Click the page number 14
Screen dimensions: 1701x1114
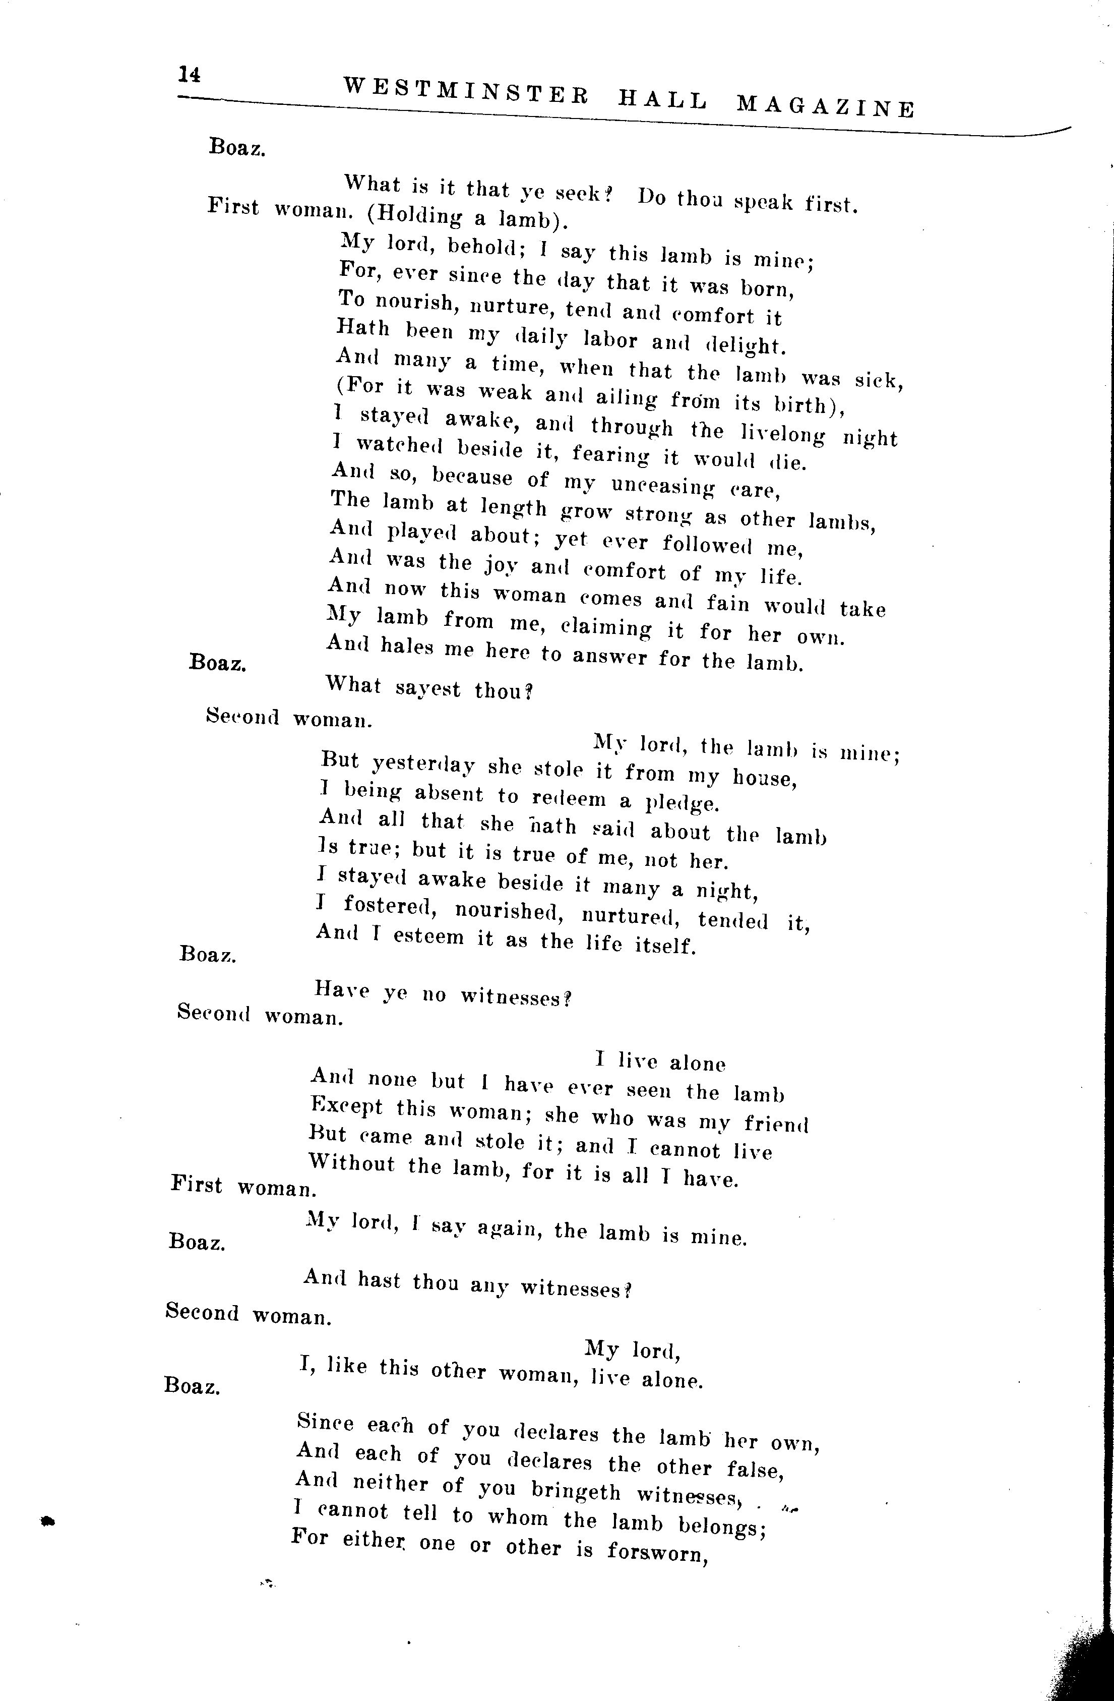[190, 74]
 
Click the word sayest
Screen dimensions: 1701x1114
[428, 689]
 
